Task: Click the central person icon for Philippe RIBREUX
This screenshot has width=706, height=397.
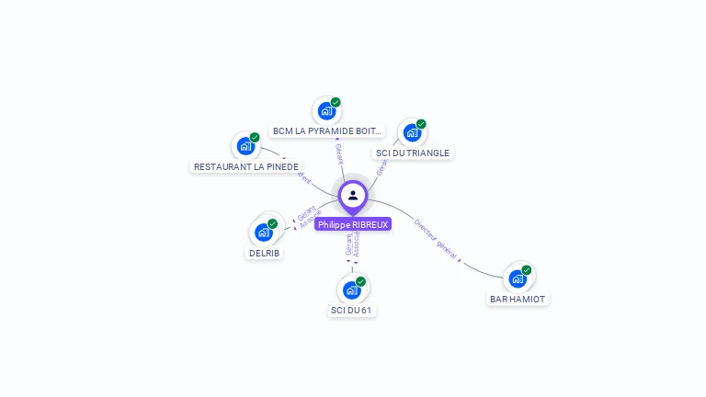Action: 353,195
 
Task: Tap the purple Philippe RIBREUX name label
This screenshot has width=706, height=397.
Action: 353,224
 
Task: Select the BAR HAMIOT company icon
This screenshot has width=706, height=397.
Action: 517,278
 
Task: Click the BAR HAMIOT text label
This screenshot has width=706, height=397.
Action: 518,300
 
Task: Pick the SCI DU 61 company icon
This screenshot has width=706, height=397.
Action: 351,290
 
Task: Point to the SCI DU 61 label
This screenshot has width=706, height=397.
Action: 352,311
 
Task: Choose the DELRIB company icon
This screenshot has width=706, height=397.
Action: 264,233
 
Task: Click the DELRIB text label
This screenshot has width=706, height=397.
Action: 265,254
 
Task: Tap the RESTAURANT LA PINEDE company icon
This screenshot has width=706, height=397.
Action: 245,145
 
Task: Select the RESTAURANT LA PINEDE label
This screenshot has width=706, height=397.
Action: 246,167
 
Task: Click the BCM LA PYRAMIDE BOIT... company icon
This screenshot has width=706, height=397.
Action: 325,111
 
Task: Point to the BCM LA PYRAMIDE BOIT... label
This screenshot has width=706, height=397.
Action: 327,131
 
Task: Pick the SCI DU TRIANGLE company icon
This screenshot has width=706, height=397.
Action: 412,132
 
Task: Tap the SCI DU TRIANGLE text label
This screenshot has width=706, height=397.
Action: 413,153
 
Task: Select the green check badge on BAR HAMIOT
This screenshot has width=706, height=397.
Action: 527,270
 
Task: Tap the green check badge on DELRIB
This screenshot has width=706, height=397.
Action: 273,223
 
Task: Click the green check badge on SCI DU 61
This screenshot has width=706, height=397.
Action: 360,281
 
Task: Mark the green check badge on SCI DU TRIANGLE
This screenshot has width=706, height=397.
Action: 421,124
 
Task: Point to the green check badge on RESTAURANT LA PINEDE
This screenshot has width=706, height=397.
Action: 255,137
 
